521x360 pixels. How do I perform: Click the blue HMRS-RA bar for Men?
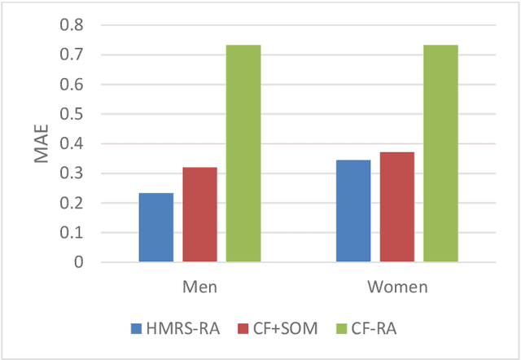click(x=156, y=227)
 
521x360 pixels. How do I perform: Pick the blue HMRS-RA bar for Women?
click(x=353, y=211)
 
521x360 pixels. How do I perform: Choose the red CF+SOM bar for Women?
click(x=396, y=207)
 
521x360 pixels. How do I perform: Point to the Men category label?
click(x=199, y=288)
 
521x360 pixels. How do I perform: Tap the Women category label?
click(x=396, y=288)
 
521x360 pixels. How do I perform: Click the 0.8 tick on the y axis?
click(x=71, y=25)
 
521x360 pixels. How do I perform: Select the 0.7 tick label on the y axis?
click(x=71, y=55)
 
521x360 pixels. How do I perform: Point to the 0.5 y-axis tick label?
click(x=71, y=115)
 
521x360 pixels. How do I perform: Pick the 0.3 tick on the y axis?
click(x=71, y=173)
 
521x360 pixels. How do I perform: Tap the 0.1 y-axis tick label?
click(x=71, y=233)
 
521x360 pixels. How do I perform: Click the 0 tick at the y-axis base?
click(x=79, y=262)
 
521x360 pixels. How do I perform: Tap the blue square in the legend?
click(x=136, y=329)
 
